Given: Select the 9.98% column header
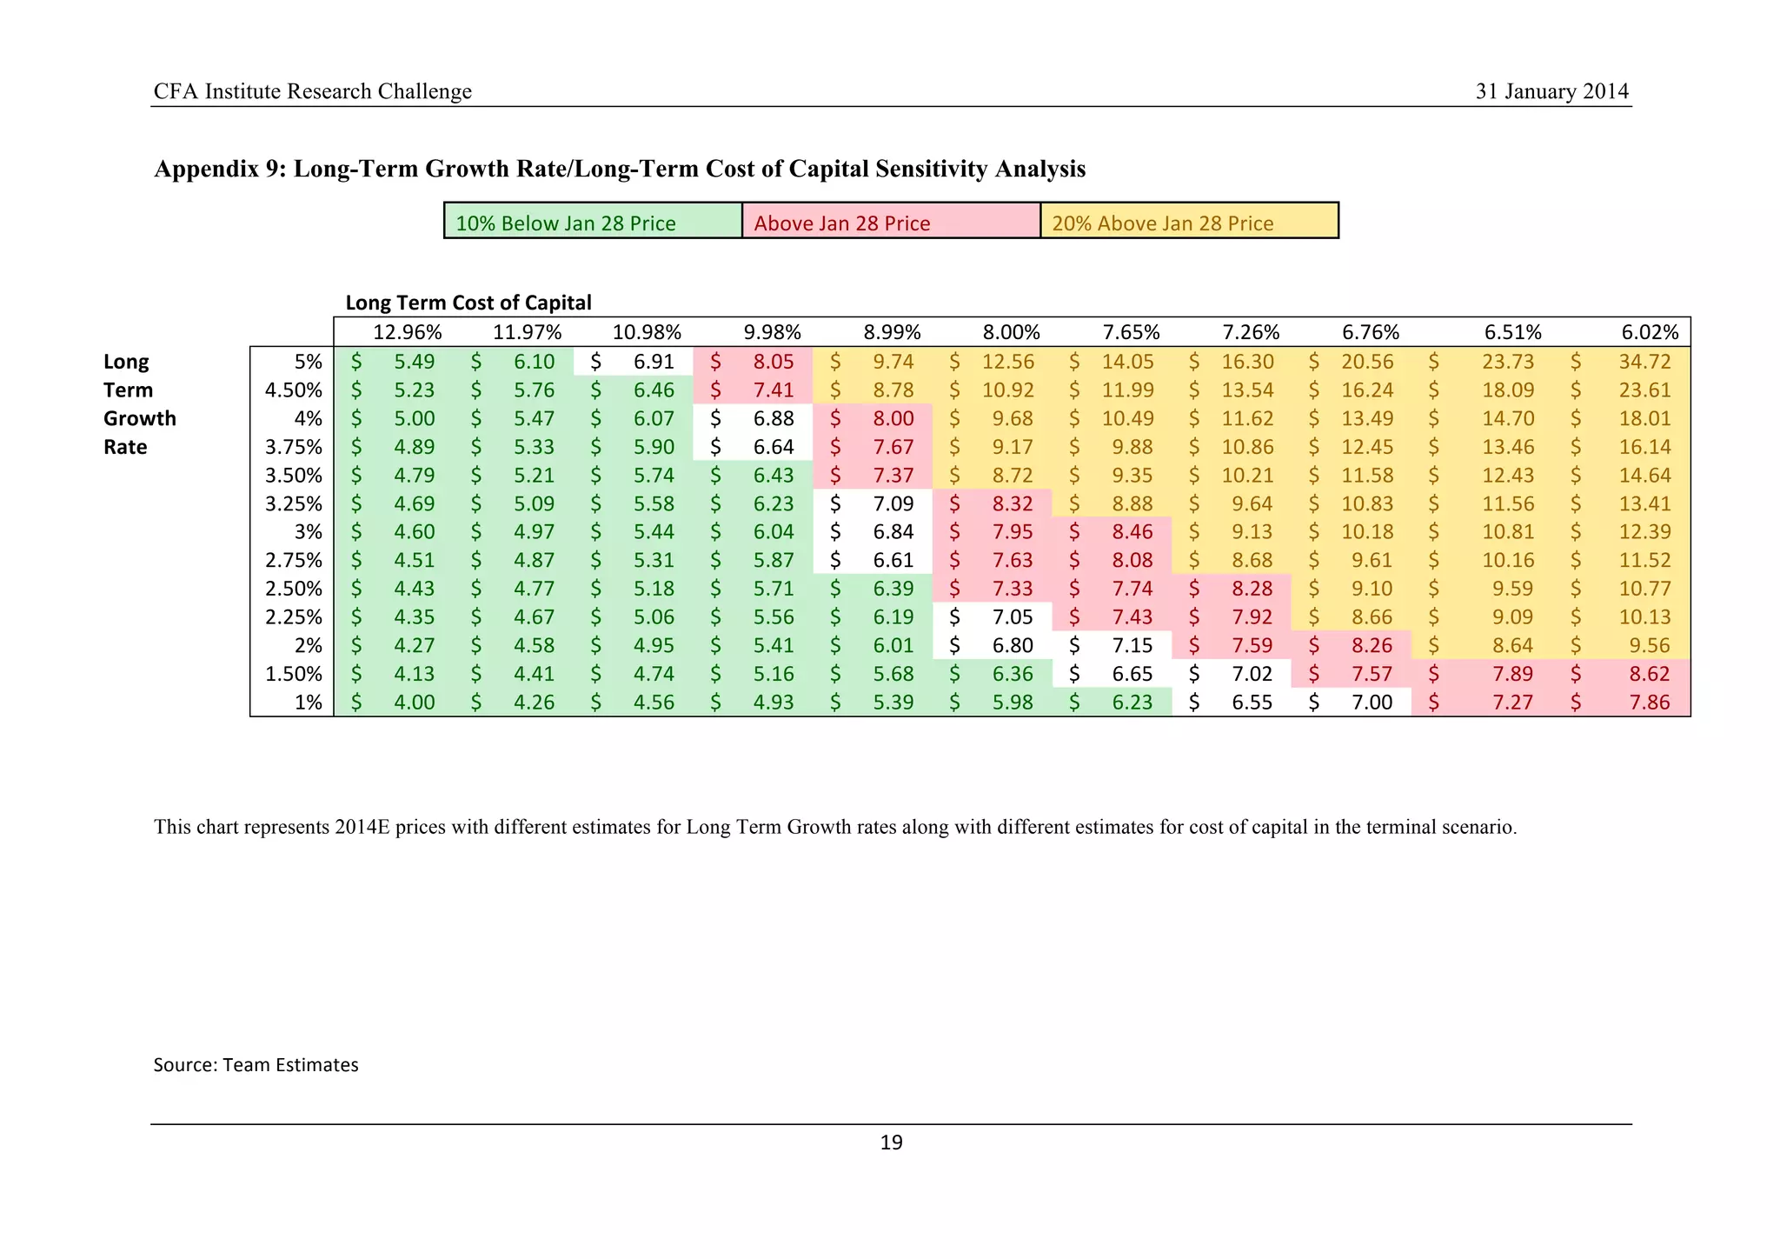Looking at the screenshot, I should click(772, 332).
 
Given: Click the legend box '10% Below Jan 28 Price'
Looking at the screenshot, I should click(593, 222).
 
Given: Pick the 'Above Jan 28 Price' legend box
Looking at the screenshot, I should click(891, 222).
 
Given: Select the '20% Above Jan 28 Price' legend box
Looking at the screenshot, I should click(1189, 222).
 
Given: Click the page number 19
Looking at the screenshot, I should click(891, 1142).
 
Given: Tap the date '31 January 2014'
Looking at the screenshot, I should click(1551, 91).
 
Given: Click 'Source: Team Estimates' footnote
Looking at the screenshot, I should click(256, 1065).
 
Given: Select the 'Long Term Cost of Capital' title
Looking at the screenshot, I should click(468, 303).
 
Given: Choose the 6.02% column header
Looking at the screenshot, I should click(1650, 332).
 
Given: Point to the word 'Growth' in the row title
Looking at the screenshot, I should click(139, 418).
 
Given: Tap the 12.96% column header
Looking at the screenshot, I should click(407, 332).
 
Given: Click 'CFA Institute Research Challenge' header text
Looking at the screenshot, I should click(312, 91).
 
